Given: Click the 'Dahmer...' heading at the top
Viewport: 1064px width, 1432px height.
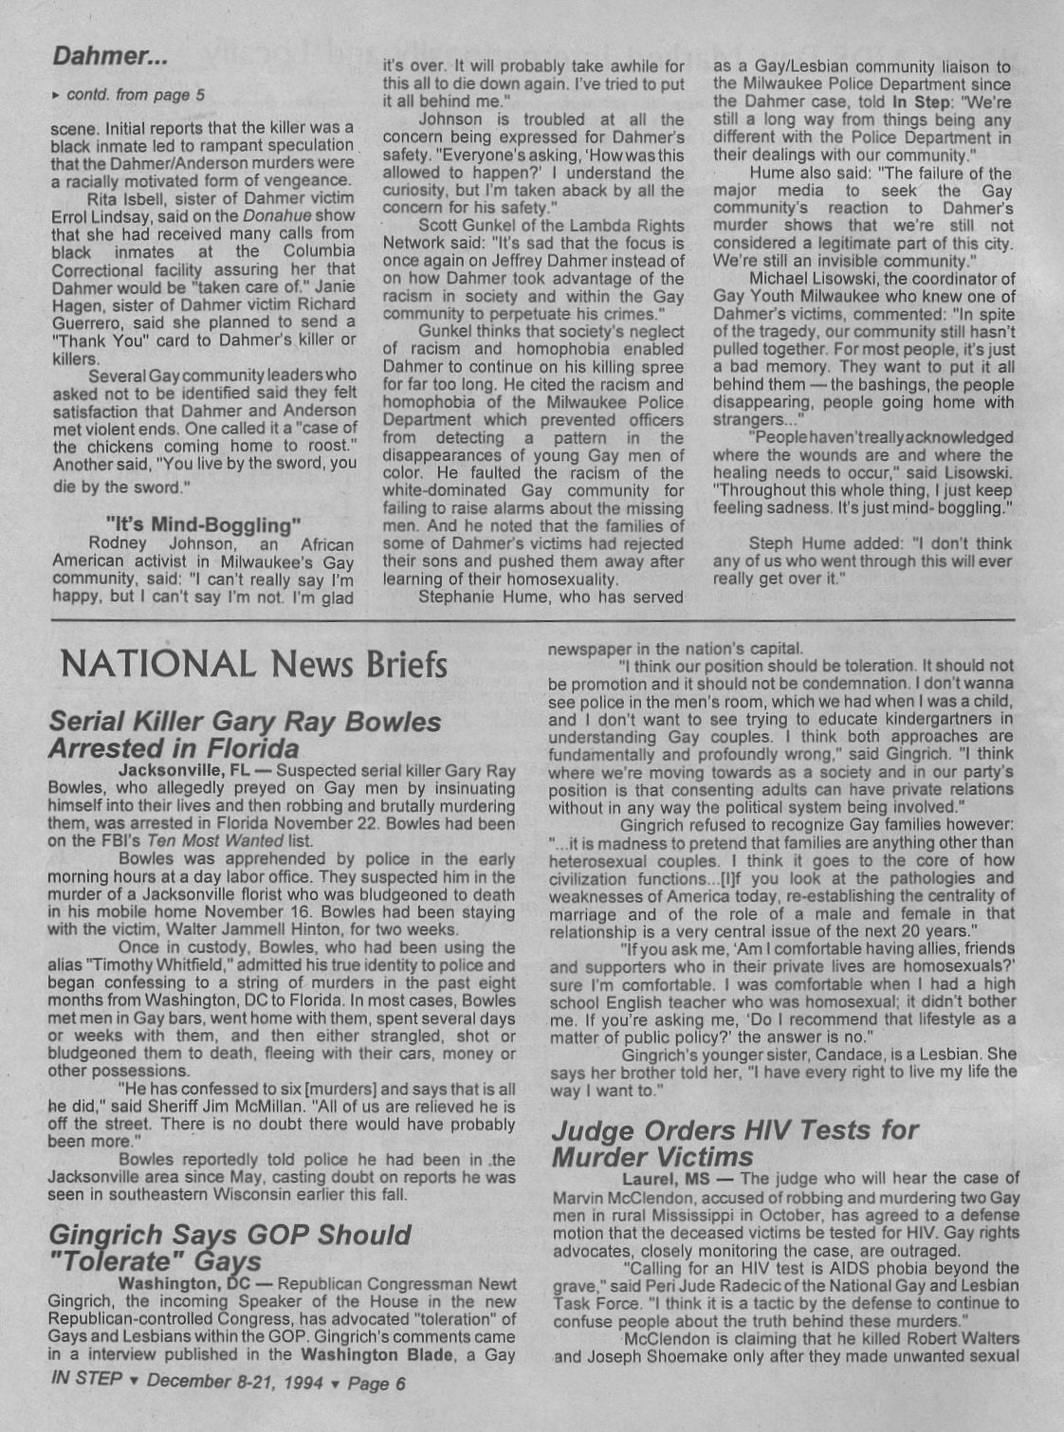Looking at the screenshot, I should click(x=110, y=56).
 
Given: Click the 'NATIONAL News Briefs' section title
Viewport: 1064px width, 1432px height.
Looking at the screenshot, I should click(x=253, y=664).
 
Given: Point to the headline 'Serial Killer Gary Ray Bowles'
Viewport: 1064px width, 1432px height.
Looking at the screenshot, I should click(x=245, y=722).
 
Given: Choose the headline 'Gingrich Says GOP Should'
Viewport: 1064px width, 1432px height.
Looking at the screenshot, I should click(x=229, y=1235).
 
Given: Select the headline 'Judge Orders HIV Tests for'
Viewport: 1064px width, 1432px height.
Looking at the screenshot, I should click(x=735, y=1129).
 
